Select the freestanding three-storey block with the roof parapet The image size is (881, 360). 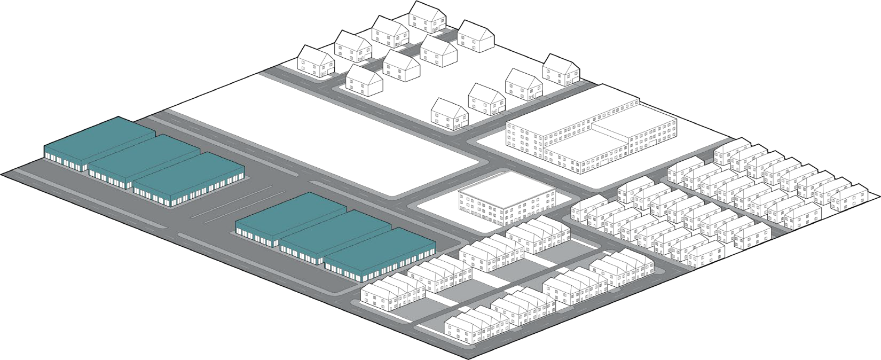point(505,200)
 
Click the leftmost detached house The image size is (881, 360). point(315,61)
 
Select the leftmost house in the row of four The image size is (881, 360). point(449,113)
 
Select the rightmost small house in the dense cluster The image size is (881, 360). point(849,195)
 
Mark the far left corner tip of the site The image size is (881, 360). point(2,173)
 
